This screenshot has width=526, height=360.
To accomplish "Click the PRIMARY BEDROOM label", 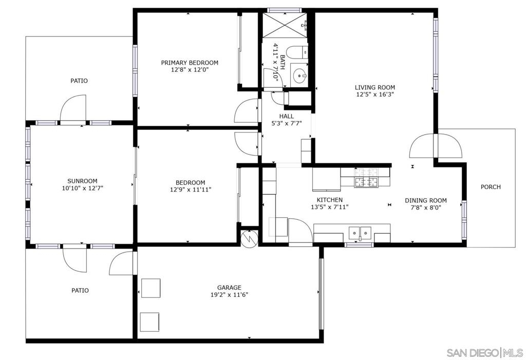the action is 190,63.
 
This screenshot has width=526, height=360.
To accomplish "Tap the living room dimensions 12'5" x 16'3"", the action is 374,94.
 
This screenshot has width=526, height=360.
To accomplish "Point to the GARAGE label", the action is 229,288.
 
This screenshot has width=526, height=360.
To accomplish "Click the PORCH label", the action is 491,187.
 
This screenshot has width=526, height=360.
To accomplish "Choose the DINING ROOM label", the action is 426,201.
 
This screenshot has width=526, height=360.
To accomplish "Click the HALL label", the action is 287,116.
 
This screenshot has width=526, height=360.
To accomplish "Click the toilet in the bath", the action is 297,52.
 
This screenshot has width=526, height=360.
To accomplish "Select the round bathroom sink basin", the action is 299,76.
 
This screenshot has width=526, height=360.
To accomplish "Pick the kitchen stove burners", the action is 366,178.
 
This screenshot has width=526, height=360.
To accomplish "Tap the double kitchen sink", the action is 360,232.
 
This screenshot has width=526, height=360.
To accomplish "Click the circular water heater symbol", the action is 249,239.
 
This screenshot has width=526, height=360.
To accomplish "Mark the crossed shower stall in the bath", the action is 285,25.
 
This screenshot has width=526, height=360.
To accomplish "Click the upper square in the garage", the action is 151,288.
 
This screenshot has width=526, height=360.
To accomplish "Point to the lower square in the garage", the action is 149,322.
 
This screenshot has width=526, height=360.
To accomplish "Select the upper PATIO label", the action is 79,81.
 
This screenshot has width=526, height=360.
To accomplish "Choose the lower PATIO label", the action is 80,291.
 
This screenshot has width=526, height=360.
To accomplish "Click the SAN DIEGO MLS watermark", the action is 484,353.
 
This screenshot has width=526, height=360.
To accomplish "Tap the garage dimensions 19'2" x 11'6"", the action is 229,295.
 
